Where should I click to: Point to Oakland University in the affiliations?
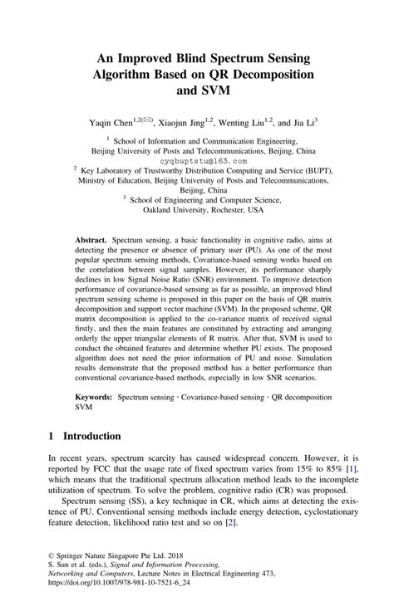[172, 210]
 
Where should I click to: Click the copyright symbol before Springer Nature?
[52, 555]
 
